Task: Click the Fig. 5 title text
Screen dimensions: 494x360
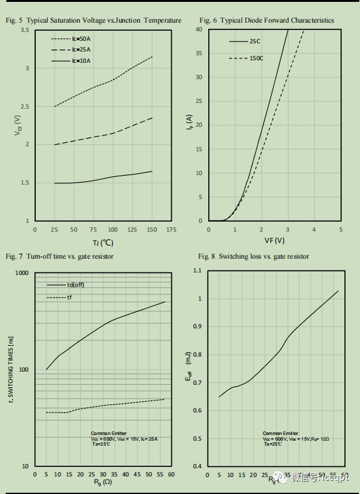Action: (93, 21)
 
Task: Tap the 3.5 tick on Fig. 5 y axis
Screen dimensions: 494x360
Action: (24, 30)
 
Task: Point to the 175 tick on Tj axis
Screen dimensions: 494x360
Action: (171, 230)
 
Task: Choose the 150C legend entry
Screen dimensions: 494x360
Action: (256, 58)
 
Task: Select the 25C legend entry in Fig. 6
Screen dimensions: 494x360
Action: (255, 41)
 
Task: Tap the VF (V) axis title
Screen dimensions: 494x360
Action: (274, 240)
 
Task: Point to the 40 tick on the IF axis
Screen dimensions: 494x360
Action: (198, 30)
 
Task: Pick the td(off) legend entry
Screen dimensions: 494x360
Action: (75, 285)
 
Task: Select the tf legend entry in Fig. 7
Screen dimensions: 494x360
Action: (70, 297)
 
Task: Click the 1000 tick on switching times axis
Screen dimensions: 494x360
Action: (22, 273)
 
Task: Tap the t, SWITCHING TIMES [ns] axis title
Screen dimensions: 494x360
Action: (11, 369)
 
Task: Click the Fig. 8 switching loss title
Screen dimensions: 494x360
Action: (253, 256)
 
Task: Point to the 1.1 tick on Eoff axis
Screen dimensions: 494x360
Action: (198, 271)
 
